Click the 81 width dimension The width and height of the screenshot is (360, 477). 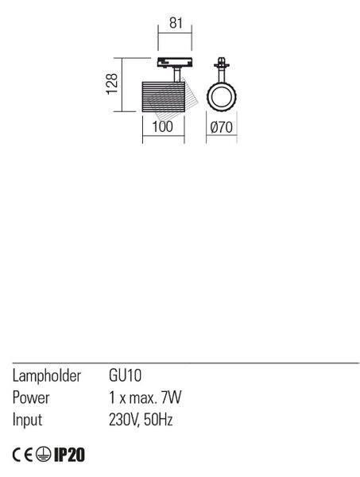(x=176, y=23)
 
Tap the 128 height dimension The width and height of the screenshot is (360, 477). (x=112, y=83)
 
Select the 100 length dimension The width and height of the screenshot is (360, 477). (x=163, y=126)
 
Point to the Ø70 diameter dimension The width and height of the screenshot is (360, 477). (x=222, y=127)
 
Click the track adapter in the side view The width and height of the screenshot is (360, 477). (x=175, y=62)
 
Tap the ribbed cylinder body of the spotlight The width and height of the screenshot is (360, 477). (x=163, y=97)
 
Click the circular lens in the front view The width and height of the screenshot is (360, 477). (x=222, y=96)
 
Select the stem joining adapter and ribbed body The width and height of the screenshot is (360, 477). (x=177, y=75)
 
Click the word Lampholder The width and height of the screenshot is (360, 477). (x=47, y=376)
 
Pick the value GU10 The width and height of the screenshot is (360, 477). (x=125, y=376)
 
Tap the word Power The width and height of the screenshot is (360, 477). (x=31, y=397)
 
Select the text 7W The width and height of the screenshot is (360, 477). (x=171, y=397)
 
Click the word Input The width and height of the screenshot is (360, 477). (x=27, y=420)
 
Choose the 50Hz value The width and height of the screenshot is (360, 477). (x=158, y=420)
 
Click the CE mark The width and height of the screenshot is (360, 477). (x=22, y=455)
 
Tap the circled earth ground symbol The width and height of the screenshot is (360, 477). (x=43, y=455)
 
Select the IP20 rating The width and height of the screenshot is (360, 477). (x=69, y=455)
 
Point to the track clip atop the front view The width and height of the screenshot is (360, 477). (x=222, y=64)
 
